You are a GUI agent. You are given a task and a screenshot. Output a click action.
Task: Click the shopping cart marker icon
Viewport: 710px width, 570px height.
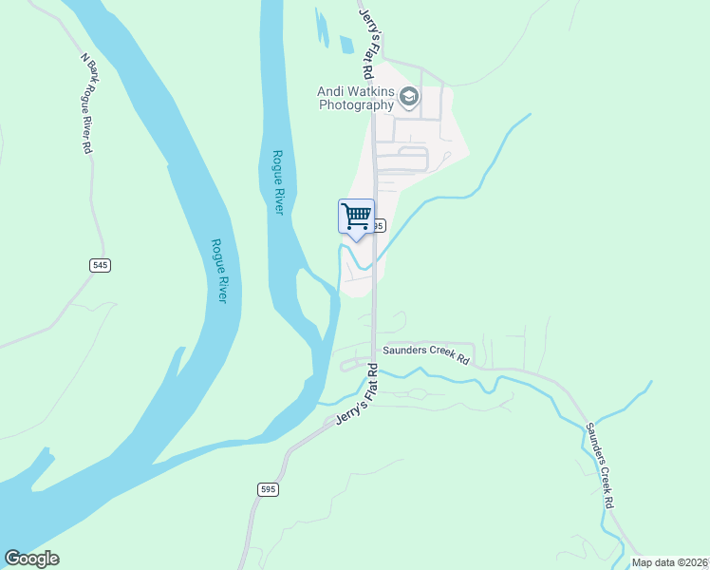pyautogui.click(x=356, y=216)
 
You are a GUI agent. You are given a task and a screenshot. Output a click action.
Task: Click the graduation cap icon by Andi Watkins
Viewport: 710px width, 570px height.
pyautogui.click(x=409, y=96)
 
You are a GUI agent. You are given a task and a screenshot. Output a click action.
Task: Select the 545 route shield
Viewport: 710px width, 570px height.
pyautogui.click(x=100, y=265)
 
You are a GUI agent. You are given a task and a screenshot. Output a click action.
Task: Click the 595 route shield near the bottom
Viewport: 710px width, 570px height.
pyautogui.click(x=268, y=488)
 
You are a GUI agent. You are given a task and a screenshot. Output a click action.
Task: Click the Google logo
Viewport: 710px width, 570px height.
pyautogui.click(x=31, y=559)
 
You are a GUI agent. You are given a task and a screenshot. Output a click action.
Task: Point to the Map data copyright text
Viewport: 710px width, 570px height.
pyautogui.click(x=670, y=562)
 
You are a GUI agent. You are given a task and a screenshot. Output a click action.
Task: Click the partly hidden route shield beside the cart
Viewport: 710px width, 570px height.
pyautogui.click(x=380, y=226)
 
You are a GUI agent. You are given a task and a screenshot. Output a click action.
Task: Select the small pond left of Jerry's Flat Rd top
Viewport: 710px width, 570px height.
pyautogui.click(x=346, y=45)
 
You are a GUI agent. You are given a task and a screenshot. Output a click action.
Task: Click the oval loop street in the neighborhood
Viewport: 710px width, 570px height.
pyautogui.click(x=414, y=158)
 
